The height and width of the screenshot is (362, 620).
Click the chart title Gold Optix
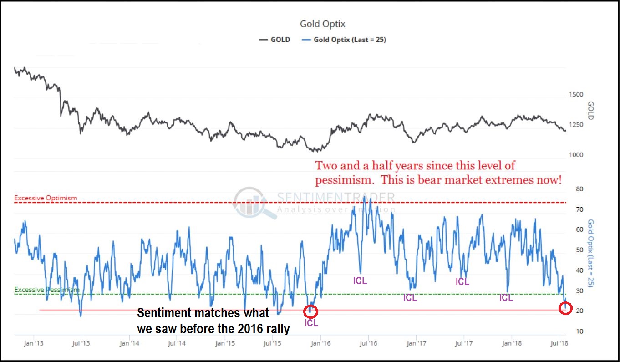tap(323, 24)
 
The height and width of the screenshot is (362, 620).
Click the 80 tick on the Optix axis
tap(567, 189)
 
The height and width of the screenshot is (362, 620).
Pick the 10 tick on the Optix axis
tap(567, 331)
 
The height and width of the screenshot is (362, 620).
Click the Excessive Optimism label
tap(46, 198)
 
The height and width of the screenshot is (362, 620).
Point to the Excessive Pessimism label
tap(47, 290)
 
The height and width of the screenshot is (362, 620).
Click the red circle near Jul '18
tap(565, 308)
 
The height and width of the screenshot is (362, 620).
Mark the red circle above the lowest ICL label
tap(310, 311)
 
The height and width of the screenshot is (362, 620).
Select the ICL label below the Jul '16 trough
tap(360, 281)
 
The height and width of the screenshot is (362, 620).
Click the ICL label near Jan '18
tap(506, 298)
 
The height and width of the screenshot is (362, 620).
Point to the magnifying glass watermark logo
tap(253, 204)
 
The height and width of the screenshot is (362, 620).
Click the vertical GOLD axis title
tap(591, 110)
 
